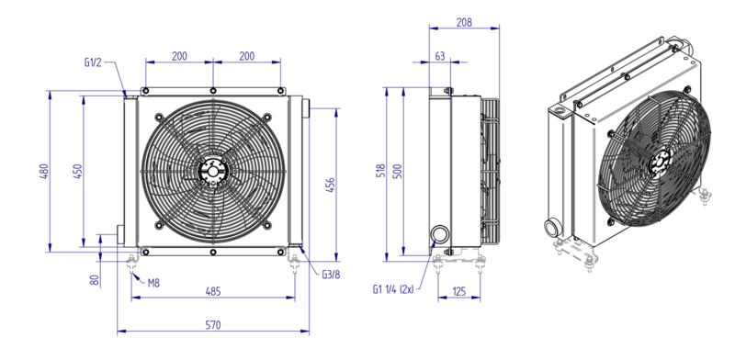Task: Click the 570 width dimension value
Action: click(x=213, y=324)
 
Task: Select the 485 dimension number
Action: click(x=213, y=291)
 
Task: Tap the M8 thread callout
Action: click(x=153, y=283)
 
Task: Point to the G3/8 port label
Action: click(x=331, y=275)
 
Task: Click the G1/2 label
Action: click(x=93, y=62)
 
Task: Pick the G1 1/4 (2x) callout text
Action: click(x=393, y=289)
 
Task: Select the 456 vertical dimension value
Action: click(x=330, y=186)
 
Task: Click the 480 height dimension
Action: click(x=43, y=172)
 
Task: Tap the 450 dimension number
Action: click(x=78, y=172)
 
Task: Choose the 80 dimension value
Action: click(x=95, y=280)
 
